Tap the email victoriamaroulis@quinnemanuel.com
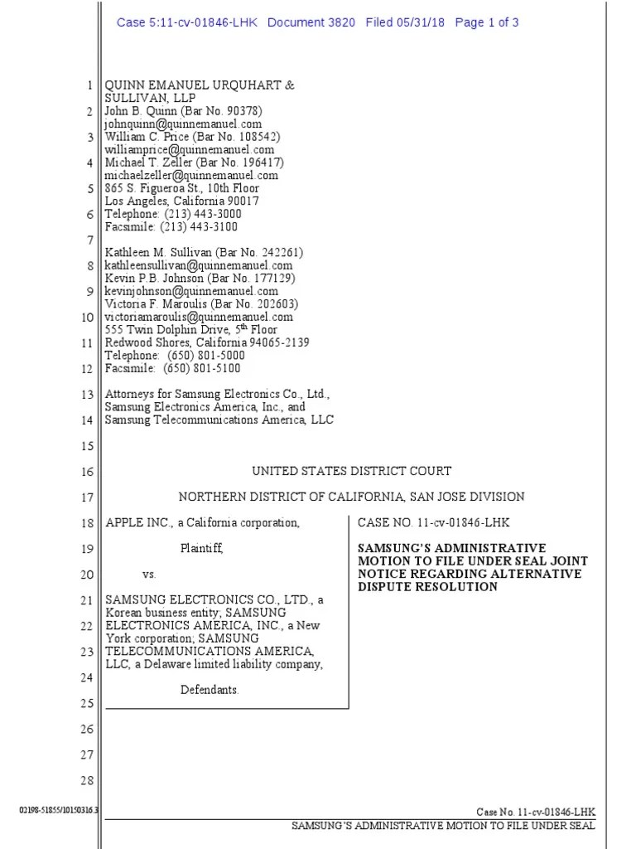[x=199, y=316]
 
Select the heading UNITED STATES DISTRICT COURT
[x=351, y=471]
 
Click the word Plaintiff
[x=202, y=548]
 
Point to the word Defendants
[x=210, y=690]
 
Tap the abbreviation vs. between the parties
[x=149, y=574]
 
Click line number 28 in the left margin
[x=86, y=780]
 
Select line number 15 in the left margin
[x=86, y=446]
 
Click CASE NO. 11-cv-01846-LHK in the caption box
[x=433, y=522]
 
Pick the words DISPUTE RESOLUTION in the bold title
[x=427, y=587]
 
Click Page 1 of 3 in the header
[x=487, y=22]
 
